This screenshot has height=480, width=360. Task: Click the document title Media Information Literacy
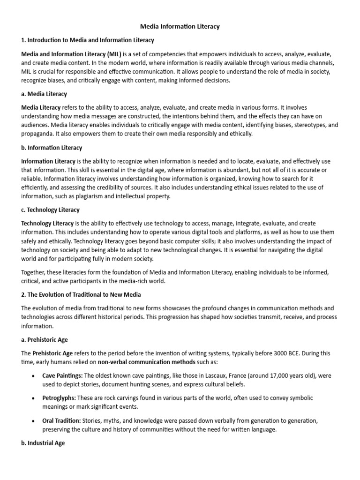[180, 27]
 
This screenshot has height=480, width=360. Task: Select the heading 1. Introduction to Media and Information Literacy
[88, 40]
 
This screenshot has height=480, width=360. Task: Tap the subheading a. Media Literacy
[44, 94]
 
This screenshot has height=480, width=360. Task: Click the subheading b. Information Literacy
[52, 148]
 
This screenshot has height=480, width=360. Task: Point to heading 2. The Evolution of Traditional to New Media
[81, 294]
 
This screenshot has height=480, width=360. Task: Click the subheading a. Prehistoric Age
[47, 340]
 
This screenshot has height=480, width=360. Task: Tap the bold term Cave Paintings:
[62, 376]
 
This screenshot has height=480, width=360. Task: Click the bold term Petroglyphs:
[60, 397]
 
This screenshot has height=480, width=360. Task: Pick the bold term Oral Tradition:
[61, 420]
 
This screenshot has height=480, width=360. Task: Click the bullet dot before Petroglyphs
[32, 398]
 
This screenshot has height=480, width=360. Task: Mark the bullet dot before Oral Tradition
[32, 420]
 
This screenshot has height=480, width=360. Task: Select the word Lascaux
[208, 376]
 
